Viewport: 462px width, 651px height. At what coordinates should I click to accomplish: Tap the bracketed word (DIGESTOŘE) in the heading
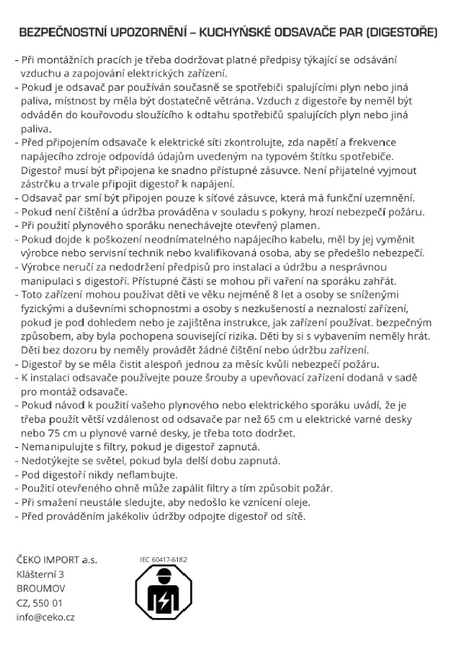click(400, 34)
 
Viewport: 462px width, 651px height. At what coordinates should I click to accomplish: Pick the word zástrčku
click(42, 184)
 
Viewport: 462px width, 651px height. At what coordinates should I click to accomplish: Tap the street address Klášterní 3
click(40, 574)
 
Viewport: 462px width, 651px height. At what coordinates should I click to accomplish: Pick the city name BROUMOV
click(40, 588)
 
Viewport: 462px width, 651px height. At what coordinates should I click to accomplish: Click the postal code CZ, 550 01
click(40, 603)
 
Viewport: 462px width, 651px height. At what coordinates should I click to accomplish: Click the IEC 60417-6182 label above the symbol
click(163, 559)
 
